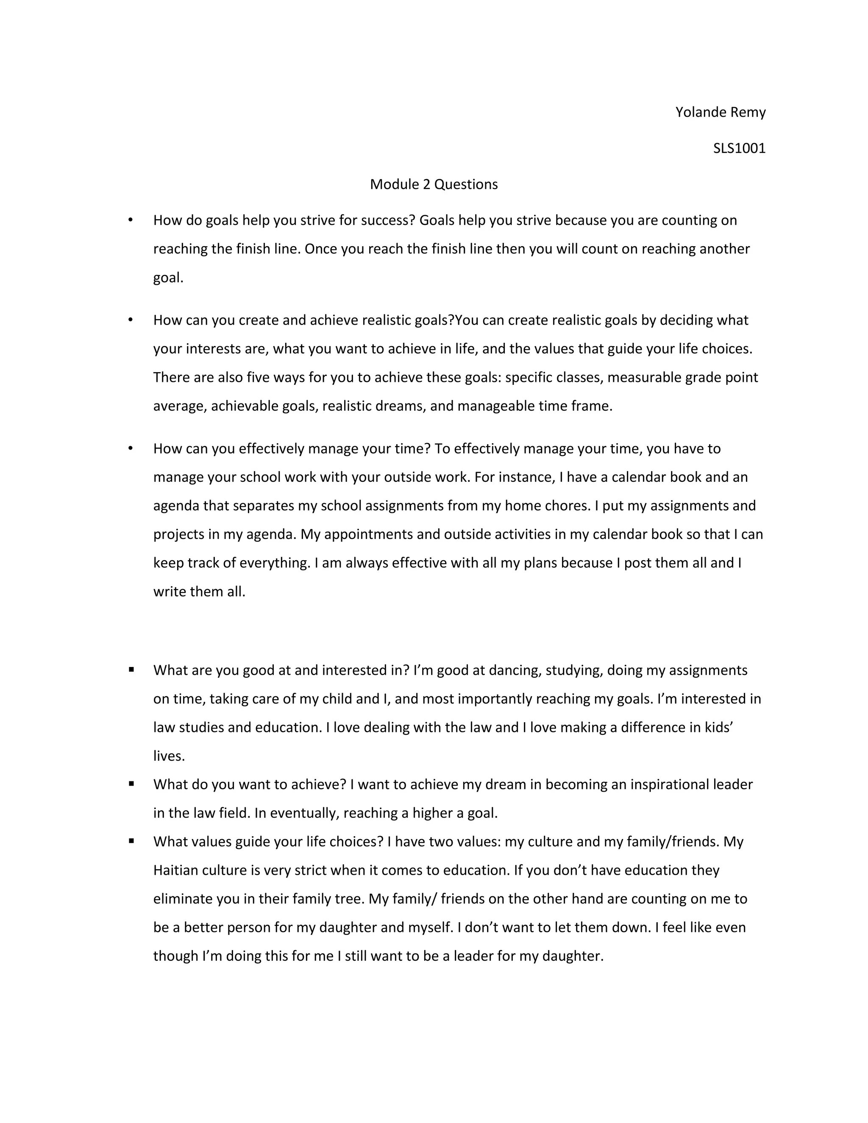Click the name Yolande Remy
tap(720, 112)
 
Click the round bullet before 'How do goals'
tap(131, 220)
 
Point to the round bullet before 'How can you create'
tap(131, 320)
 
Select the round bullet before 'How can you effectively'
tap(131, 448)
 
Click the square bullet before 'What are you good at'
tap(132, 670)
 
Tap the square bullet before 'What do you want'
tap(132, 784)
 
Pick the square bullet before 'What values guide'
tap(132, 841)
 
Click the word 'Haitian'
tap(175, 870)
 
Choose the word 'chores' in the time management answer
tap(568, 506)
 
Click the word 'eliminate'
tap(183, 899)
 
